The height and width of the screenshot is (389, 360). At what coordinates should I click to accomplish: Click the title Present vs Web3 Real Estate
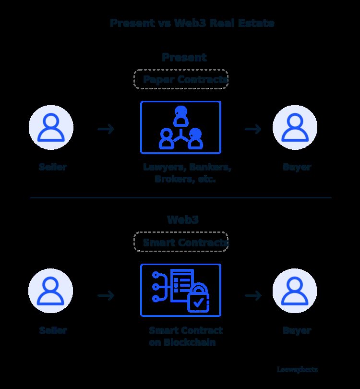[x=192, y=23]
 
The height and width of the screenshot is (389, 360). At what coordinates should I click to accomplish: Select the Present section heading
[x=184, y=57]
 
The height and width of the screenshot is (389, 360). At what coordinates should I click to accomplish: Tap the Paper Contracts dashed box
[x=180, y=79]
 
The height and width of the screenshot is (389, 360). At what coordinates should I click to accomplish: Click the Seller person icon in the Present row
[x=51, y=128]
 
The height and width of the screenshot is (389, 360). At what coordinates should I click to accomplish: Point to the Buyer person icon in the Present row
[x=295, y=128]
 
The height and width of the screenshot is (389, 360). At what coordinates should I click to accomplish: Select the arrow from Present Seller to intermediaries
[x=106, y=129]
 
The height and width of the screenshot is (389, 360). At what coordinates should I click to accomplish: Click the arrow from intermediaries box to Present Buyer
[x=253, y=129]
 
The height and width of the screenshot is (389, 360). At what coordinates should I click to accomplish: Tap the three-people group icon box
[x=180, y=127]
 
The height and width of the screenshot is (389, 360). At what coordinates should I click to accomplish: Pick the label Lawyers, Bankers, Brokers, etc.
[x=187, y=173]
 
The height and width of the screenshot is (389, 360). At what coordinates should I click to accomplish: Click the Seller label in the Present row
[x=53, y=167]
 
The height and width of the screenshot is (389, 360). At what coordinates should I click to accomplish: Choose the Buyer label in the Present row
[x=297, y=167]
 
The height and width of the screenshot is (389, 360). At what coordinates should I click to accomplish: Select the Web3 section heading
[x=183, y=220]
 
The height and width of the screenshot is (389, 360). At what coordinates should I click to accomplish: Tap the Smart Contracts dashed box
[x=180, y=242]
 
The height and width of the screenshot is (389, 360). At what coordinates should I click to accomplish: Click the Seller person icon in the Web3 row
[x=50, y=291]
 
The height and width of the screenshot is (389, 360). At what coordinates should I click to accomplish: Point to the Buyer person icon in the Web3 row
[x=295, y=291]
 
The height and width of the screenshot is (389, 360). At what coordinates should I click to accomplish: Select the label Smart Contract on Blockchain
[x=185, y=336]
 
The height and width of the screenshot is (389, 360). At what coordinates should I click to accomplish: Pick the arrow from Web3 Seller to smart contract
[x=106, y=295]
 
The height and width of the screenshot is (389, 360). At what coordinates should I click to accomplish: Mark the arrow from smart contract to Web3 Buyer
[x=253, y=295]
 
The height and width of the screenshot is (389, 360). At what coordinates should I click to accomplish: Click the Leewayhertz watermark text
[x=297, y=370]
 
